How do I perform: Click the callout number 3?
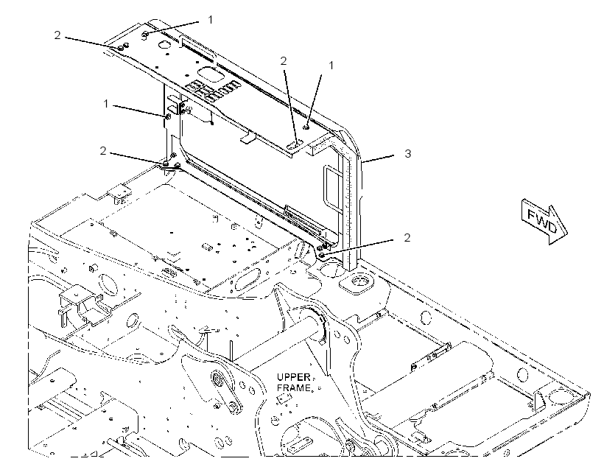click(408, 153)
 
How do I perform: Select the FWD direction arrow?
click(544, 222)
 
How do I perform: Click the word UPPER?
click(293, 377)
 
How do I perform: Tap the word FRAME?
click(293, 388)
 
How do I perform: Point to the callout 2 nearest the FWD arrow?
click(407, 237)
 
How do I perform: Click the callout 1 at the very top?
click(211, 19)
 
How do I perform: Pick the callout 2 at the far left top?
click(57, 35)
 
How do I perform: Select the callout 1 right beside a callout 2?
click(331, 66)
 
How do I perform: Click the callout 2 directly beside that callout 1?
click(284, 61)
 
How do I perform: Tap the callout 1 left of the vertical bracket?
click(106, 104)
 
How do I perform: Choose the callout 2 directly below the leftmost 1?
click(103, 150)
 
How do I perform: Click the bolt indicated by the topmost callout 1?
click(145, 35)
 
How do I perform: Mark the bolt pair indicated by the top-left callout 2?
click(123, 47)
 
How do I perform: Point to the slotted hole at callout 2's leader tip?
click(295, 145)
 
